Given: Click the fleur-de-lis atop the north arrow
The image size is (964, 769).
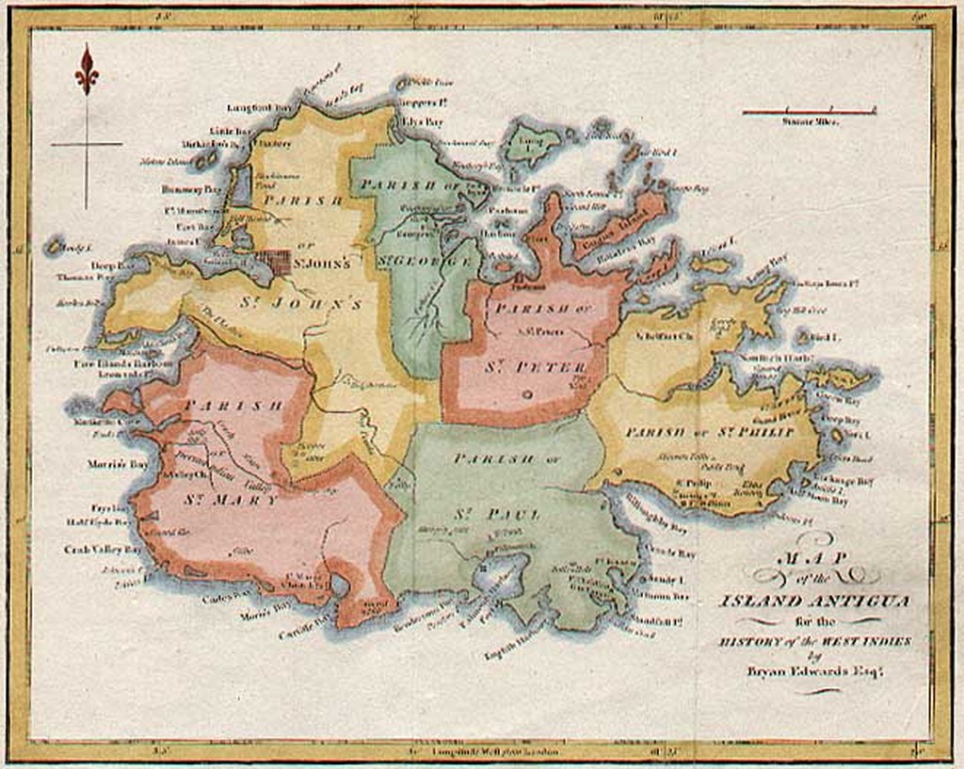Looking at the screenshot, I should (87, 71).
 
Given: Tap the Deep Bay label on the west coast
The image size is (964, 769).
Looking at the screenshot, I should (104, 265).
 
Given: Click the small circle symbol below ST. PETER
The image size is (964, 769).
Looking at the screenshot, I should (526, 396).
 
